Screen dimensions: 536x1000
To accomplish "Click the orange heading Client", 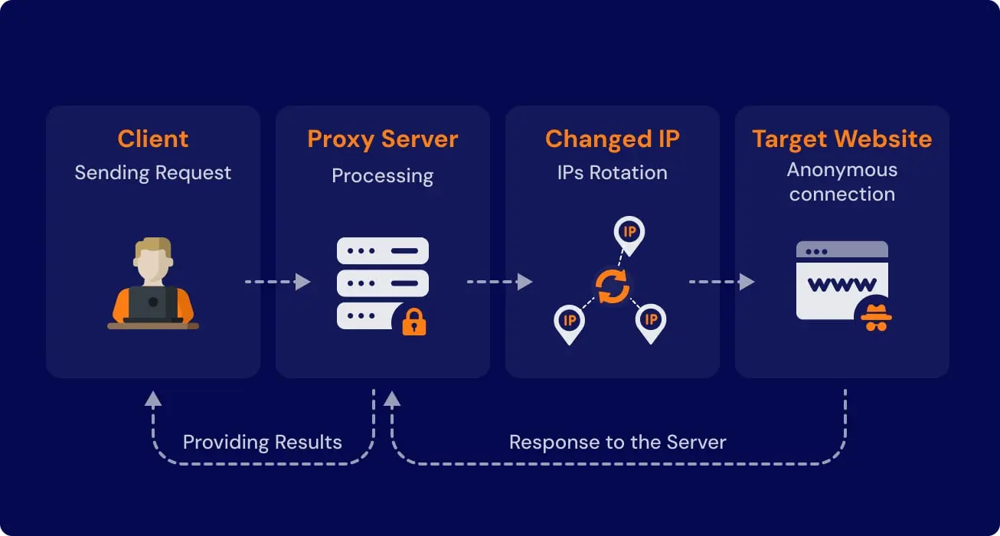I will click(153, 139).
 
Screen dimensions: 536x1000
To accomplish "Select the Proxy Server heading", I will click(382, 139).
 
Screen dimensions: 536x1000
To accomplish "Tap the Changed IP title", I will click(612, 139).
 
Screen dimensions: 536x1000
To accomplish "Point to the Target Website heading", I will click(842, 139).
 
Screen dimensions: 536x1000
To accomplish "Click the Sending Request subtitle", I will click(153, 173).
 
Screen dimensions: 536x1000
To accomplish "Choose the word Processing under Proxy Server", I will click(382, 175).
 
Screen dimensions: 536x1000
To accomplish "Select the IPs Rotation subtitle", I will click(612, 173).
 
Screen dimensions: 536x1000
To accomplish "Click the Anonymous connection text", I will click(842, 182).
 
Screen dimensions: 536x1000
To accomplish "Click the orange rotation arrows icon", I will click(613, 286).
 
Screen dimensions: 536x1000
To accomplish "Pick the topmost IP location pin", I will click(629, 234).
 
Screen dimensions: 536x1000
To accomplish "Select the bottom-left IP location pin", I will click(569, 322).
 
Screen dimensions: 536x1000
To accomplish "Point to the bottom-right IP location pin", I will click(651, 322).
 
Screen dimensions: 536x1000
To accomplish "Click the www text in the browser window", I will click(842, 285).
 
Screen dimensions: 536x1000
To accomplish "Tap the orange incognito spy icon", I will click(875, 316).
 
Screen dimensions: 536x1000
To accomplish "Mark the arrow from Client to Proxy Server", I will click(277, 282).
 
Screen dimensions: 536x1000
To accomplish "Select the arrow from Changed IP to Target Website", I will click(721, 282).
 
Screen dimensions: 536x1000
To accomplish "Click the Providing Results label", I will click(262, 443).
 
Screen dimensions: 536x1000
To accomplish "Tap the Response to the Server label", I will click(617, 443).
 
